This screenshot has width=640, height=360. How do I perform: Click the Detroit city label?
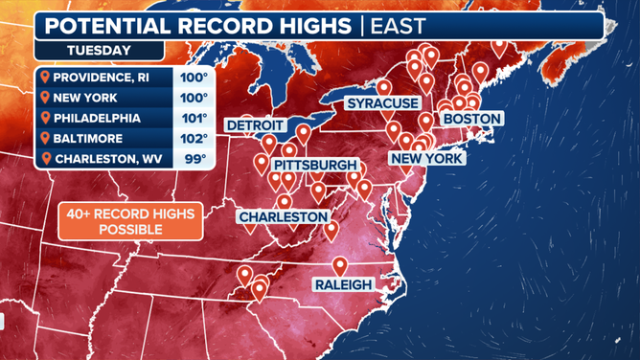pos(255,125)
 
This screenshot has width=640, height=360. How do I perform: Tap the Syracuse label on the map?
pos(382,102)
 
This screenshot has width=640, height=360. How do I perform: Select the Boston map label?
pos(471,119)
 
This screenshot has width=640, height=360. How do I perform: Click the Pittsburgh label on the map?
pos(315,165)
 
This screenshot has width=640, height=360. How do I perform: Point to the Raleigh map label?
pos(343,284)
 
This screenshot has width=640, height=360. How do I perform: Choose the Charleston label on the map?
pos(284,217)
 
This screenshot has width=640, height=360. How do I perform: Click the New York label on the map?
pos(426,158)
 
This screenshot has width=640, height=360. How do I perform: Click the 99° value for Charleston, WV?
pos(195,159)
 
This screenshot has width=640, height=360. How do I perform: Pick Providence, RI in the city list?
pos(101,78)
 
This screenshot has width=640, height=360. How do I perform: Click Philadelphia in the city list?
pos(98,119)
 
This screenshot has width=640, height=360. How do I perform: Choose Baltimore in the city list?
pos(88,139)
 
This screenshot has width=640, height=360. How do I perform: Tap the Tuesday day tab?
pos(99,50)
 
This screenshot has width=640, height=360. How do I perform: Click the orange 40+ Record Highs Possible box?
pos(130,221)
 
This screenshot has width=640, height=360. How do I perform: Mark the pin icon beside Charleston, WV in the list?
pos(45,159)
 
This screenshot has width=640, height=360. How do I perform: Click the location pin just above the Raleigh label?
pos(340,266)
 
